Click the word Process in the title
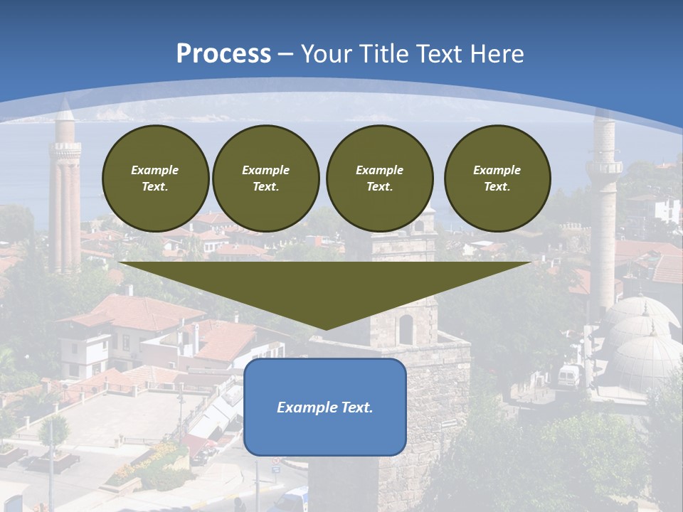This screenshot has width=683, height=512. (x=223, y=54)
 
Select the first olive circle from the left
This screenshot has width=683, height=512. (x=155, y=178)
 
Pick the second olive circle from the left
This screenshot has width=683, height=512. (x=265, y=178)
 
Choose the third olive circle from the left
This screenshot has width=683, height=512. (x=379, y=178)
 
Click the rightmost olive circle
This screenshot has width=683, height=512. (x=497, y=178)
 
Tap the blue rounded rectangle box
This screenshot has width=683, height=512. (x=325, y=407)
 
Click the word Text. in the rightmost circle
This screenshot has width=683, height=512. (x=497, y=187)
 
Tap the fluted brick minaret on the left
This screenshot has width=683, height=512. (x=65, y=206)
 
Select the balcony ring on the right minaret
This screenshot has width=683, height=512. (x=604, y=167)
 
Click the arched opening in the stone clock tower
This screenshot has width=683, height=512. (x=406, y=329)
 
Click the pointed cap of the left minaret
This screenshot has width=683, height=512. (x=65, y=110)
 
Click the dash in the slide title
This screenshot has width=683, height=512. (x=285, y=54)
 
